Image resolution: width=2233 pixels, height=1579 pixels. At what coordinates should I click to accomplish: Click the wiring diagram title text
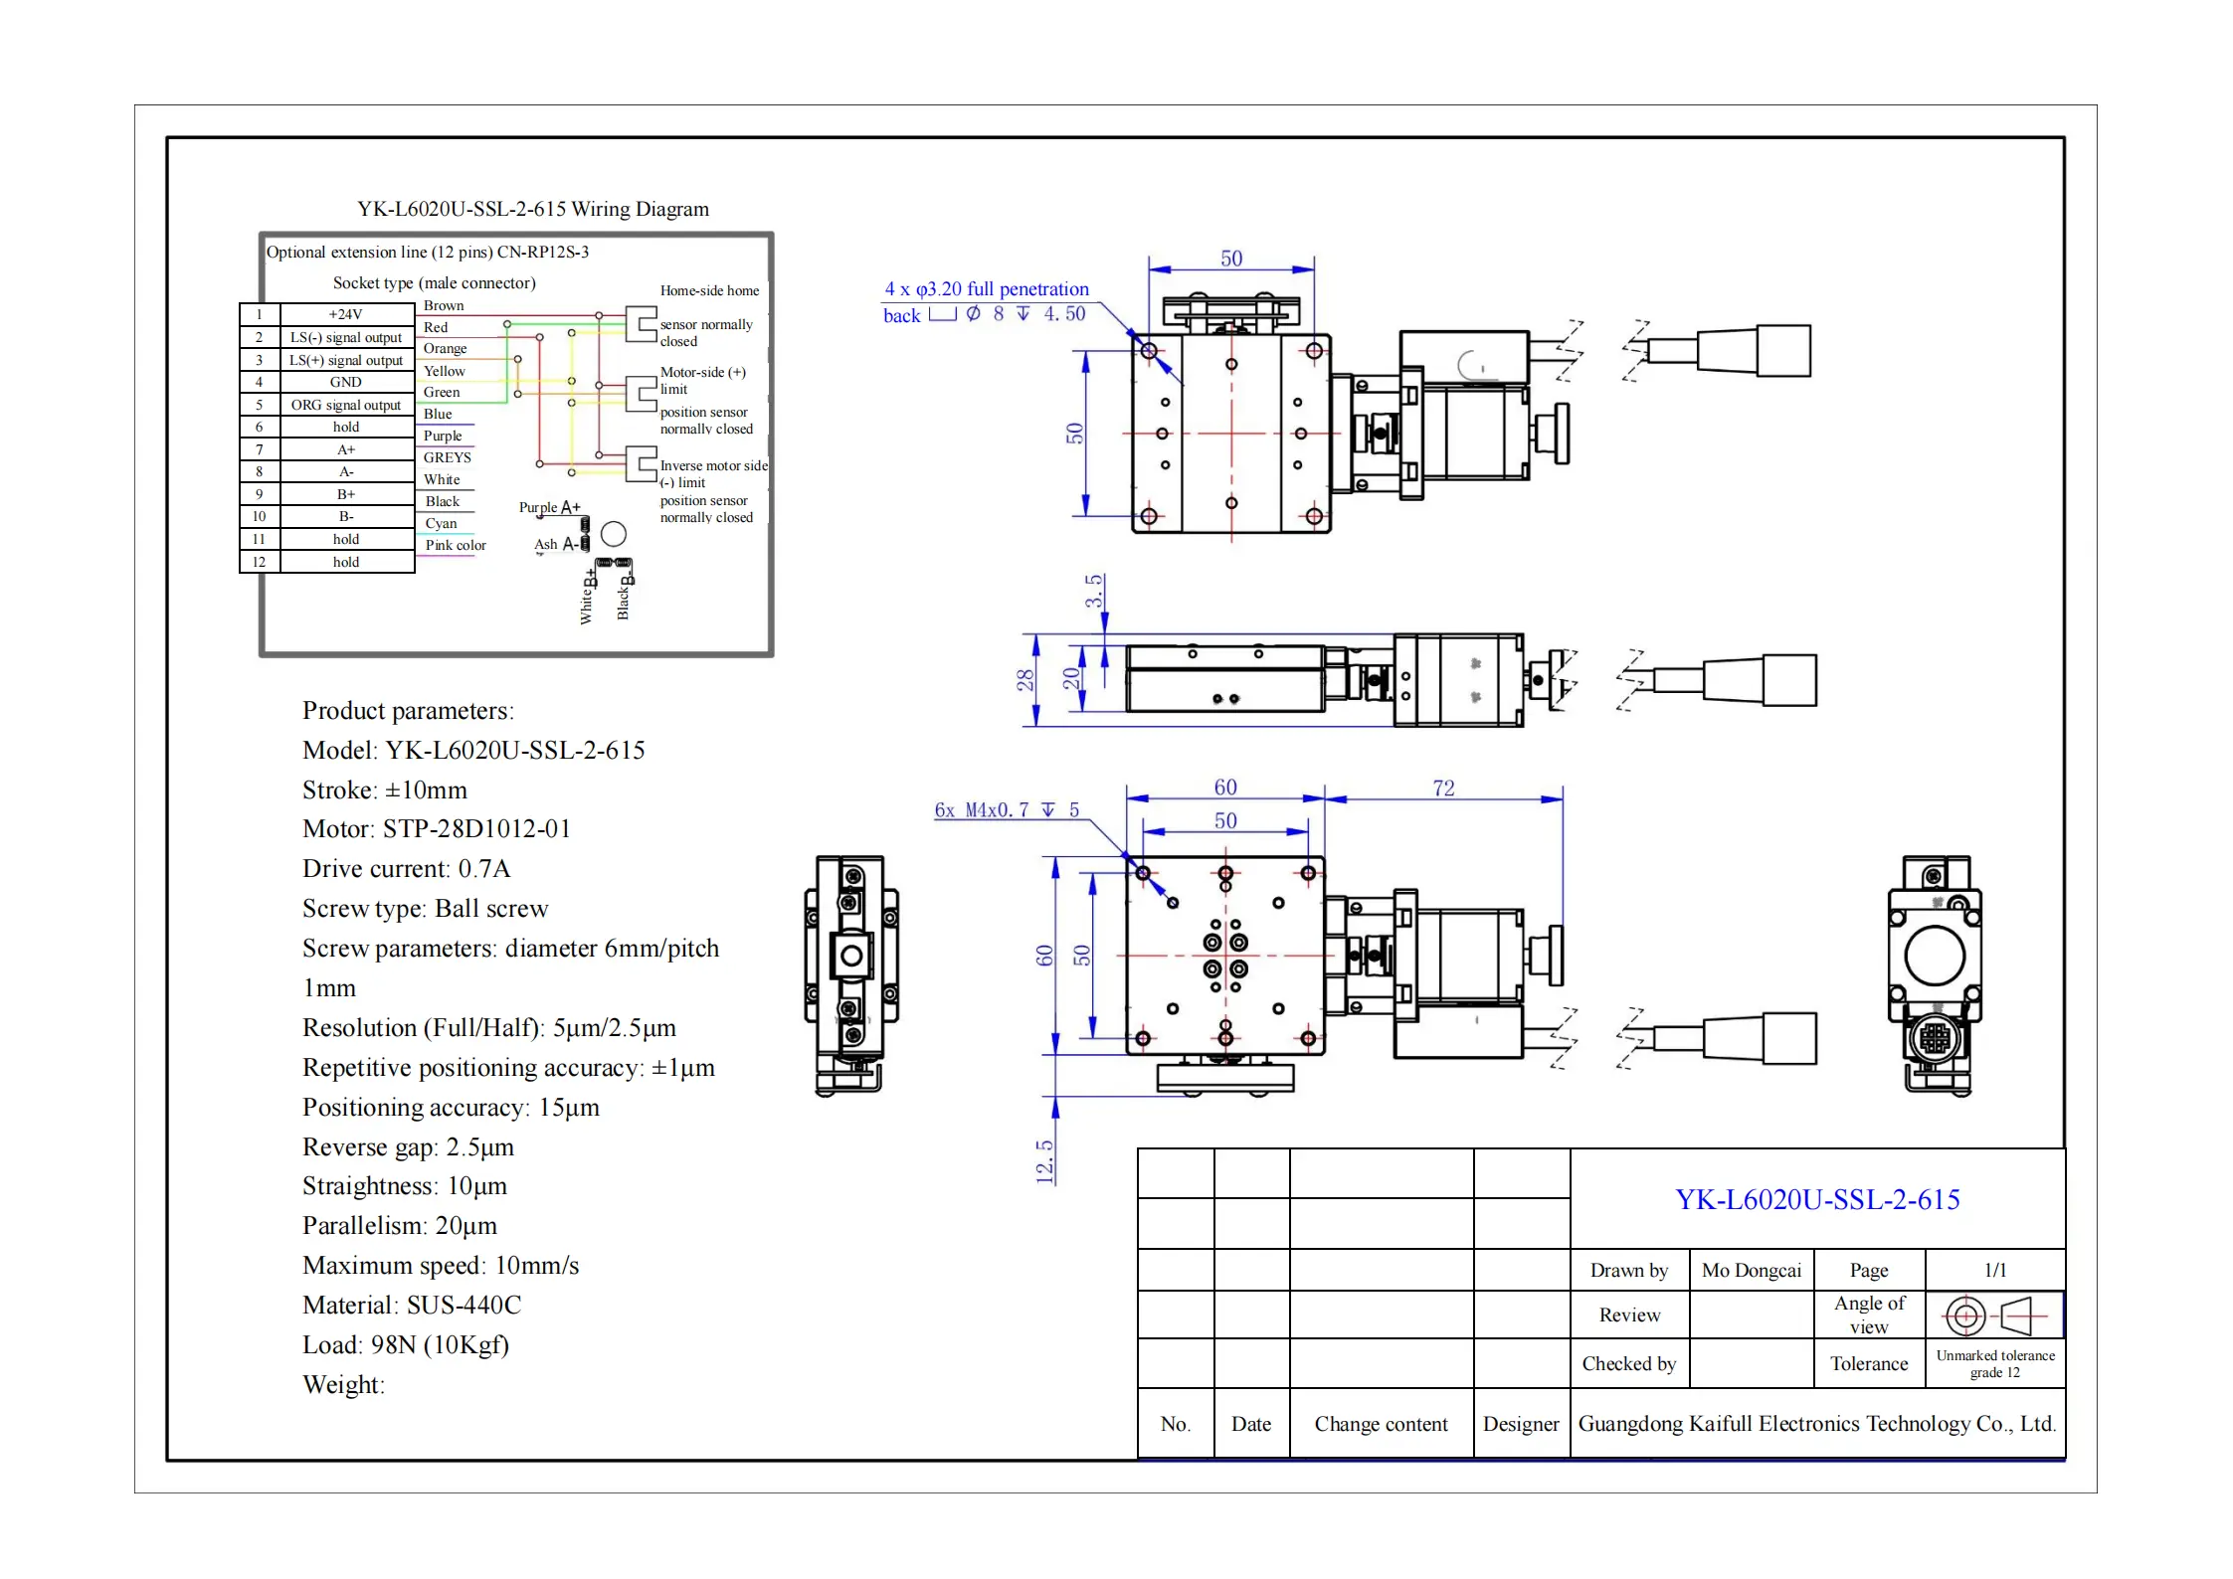pos(533,209)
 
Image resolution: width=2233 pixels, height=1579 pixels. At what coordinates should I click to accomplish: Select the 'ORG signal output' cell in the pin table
pos(345,405)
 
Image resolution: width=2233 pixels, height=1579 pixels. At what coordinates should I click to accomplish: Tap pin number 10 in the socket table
pos(259,516)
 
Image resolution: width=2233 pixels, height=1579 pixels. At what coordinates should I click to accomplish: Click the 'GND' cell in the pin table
pos(345,382)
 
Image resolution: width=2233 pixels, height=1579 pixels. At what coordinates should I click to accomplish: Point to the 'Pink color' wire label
pos(456,545)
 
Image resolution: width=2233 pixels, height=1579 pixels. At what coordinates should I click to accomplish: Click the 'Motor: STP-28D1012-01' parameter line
pos(437,828)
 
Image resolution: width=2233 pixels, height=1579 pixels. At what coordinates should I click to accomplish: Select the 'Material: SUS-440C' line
pos(412,1305)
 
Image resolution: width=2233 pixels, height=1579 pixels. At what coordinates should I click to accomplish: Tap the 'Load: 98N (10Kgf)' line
pos(406,1344)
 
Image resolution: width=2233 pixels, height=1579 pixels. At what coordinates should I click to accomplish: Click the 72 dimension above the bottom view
pos(1443,788)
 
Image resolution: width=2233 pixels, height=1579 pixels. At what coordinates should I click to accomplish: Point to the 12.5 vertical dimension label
pos(1044,1160)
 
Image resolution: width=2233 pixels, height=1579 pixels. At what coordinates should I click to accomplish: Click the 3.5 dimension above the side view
pos(1094,591)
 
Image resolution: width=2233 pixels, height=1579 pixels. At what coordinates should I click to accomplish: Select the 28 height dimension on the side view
pos(1025,680)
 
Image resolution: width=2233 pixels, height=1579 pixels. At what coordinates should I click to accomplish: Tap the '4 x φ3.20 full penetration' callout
pos(987,289)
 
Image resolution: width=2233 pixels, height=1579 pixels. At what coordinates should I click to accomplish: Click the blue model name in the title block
pos(1817,1199)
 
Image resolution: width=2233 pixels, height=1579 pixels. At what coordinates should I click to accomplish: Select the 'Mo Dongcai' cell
pos(1752,1270)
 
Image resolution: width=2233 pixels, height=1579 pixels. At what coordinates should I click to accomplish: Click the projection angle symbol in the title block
pos(1994,1316)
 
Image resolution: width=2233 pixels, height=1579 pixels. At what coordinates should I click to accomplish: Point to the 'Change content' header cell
pos(1381,1424)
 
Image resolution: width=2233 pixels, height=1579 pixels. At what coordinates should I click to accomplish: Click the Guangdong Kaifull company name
pos(1816,1424)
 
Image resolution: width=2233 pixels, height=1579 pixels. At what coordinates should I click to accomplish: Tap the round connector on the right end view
pos(1935,1039)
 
